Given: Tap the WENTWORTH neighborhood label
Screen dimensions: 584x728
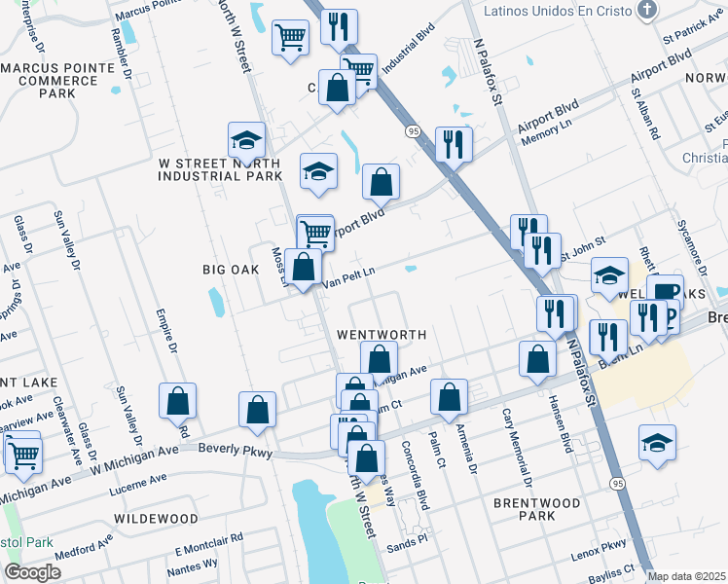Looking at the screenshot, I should (x=382, y=334).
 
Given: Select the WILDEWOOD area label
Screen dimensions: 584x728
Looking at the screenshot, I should (x=157, y=519).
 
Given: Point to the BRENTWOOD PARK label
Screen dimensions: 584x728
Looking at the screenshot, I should (x=537, y=511).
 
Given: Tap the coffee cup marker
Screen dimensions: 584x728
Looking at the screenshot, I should (x=667, y=294).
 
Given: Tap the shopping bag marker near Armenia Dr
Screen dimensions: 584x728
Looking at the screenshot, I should (x=449, y=397).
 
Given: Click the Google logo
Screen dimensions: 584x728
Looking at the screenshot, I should (x=32, y=572).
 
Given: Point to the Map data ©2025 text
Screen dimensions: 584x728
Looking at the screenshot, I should (x=687, y=576).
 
